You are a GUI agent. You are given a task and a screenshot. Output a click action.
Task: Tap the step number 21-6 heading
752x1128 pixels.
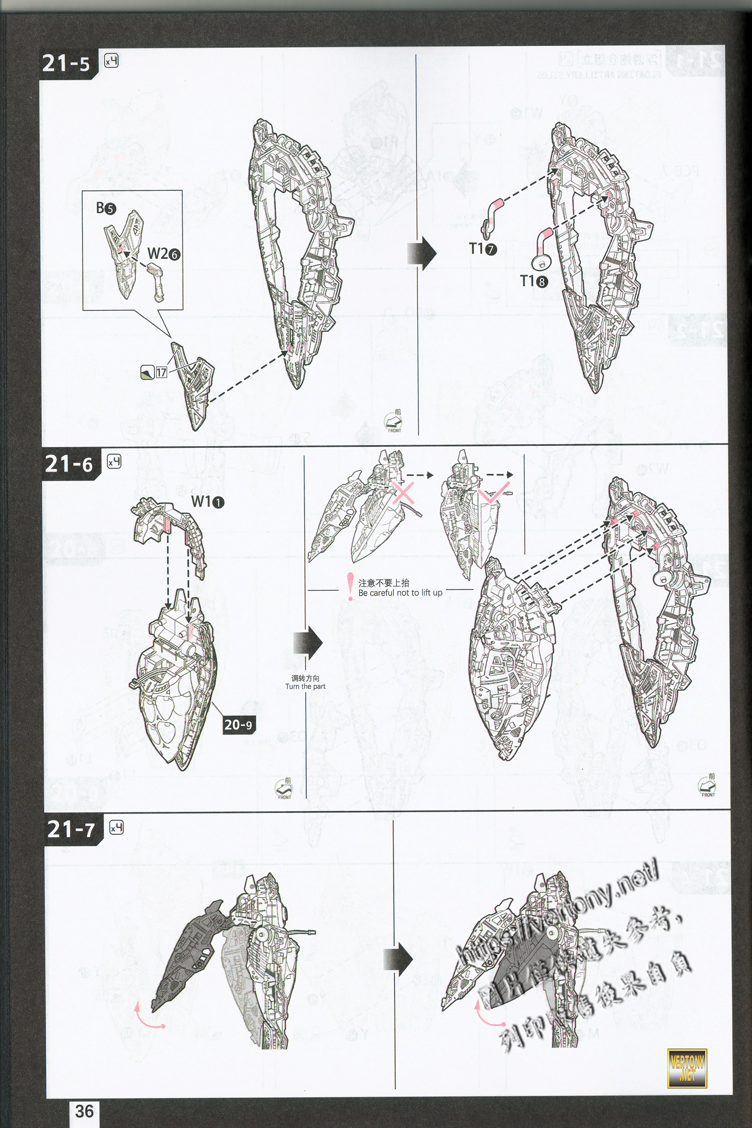point(69,464)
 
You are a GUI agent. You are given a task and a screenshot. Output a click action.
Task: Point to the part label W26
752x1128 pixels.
point(164,253)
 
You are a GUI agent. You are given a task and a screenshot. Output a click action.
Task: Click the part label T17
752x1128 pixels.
point(483,249)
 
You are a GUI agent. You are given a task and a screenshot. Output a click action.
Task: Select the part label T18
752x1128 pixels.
point(533,281)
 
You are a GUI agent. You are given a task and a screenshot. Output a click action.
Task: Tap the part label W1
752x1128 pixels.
point(208,501)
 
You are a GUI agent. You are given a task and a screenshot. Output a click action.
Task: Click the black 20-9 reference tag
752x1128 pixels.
point(238,724)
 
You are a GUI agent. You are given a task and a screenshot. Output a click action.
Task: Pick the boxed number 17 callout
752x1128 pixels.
point(161,372)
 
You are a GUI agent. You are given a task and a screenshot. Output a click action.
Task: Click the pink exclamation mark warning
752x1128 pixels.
point(350,586)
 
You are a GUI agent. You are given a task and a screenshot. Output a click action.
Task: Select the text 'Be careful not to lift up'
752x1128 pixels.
point(400,593)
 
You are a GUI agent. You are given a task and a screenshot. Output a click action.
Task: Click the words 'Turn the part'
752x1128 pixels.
point(305,686)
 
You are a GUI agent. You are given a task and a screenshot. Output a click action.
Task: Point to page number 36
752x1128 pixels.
point(84,1111)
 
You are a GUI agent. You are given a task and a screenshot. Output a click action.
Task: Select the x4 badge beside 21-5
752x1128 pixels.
point(111,61)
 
